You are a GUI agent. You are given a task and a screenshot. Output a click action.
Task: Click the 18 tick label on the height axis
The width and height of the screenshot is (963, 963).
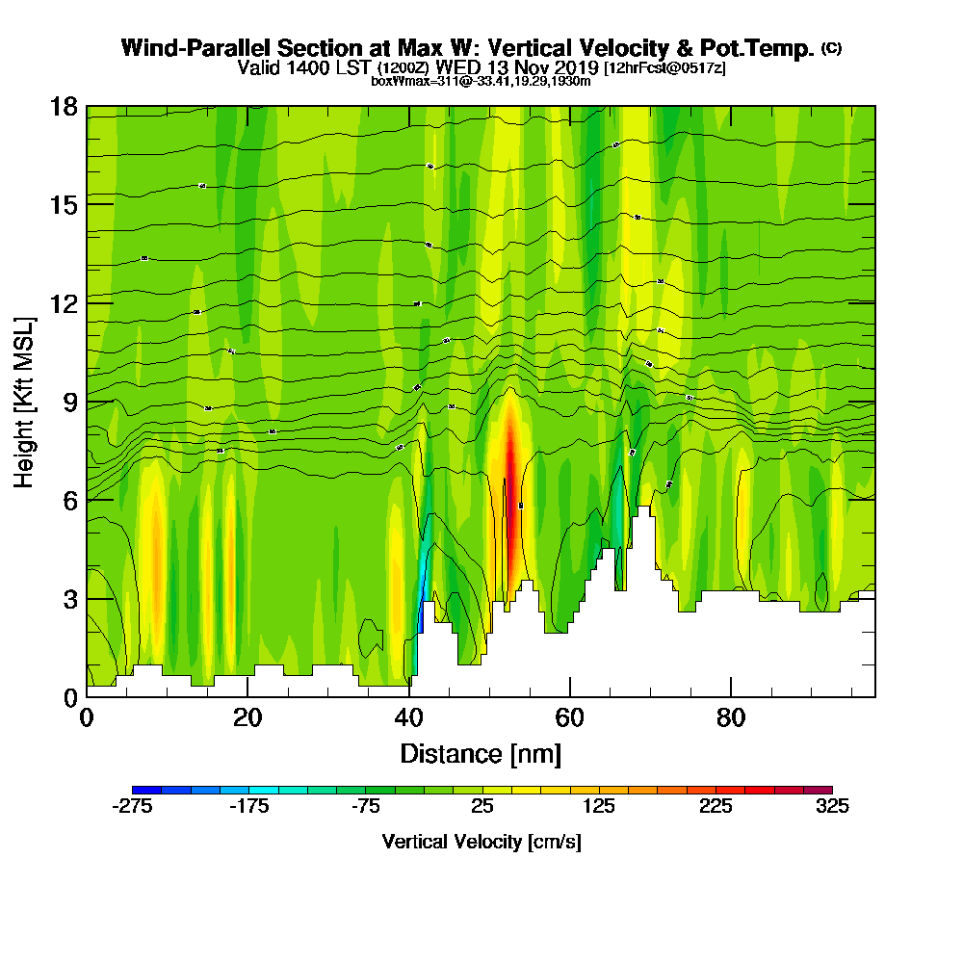point(64,106)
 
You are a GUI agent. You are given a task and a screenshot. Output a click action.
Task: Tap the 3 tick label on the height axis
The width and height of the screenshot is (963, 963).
point(69,598)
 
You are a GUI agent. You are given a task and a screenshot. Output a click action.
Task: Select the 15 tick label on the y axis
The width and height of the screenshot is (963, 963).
point(64,204)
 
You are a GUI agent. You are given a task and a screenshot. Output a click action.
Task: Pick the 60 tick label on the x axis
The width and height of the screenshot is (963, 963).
point(570,718)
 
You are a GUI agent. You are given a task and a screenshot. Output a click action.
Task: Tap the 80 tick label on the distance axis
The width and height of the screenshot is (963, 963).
point(732,718)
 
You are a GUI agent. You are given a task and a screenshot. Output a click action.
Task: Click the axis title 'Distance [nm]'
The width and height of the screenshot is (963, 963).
point(481,752)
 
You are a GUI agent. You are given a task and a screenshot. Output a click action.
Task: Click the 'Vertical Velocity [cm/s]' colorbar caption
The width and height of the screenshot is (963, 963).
point(481,842)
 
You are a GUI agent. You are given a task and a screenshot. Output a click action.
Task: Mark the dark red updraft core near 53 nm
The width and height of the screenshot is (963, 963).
point(510,481)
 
